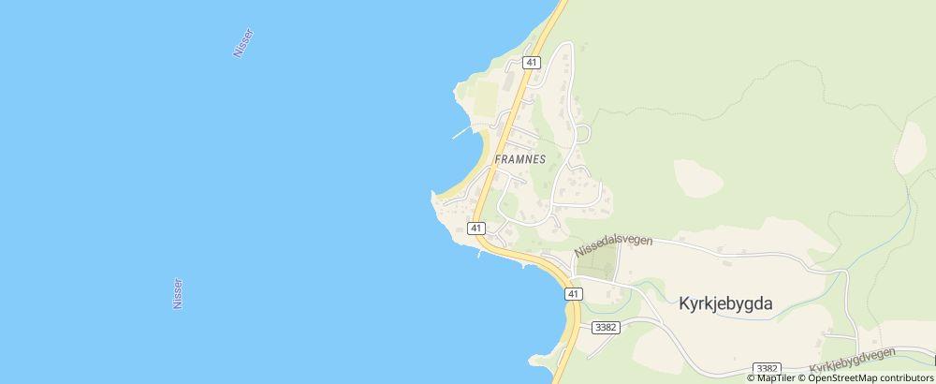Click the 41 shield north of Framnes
(532, 63)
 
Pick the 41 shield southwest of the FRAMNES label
(476, 228)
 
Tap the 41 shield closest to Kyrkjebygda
(573, 294)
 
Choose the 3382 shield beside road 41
(605, 327)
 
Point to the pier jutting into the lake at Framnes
(460, 134)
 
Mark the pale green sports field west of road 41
(487, 97)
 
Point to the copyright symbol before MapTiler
(751, 377)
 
